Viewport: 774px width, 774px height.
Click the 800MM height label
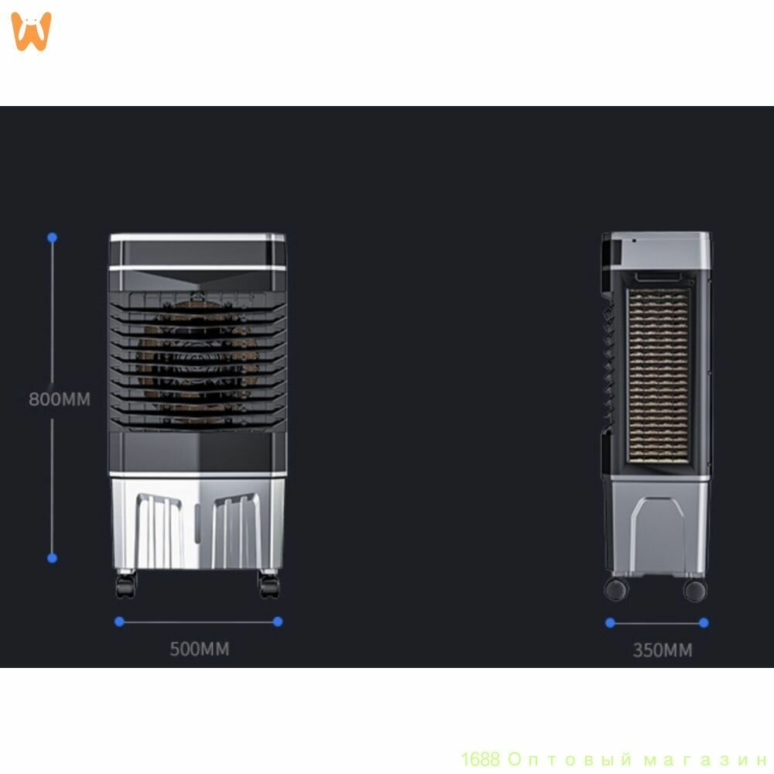point(60,399)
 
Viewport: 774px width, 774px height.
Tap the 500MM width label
point(200,649)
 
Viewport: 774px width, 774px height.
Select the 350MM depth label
point(663,650)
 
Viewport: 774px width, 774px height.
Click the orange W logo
point(31,31)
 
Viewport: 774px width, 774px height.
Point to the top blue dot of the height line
point(53,238)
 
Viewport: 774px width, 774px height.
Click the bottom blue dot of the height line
point(53,558)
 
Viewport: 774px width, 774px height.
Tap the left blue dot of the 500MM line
point(119,622)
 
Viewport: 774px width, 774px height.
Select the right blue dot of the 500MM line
point(278,622)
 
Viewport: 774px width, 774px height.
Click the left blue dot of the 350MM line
point(610,623)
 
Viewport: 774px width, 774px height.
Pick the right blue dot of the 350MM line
point(704,623)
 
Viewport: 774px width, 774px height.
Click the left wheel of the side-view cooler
point(616,589)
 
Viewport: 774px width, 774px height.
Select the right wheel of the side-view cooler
point(695,591)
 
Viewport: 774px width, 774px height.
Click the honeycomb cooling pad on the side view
point(659,376)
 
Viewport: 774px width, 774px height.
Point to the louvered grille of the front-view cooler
point(197,361)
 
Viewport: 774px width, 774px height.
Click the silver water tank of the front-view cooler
point(197,523)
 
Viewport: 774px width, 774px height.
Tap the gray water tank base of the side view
point(656,528)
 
